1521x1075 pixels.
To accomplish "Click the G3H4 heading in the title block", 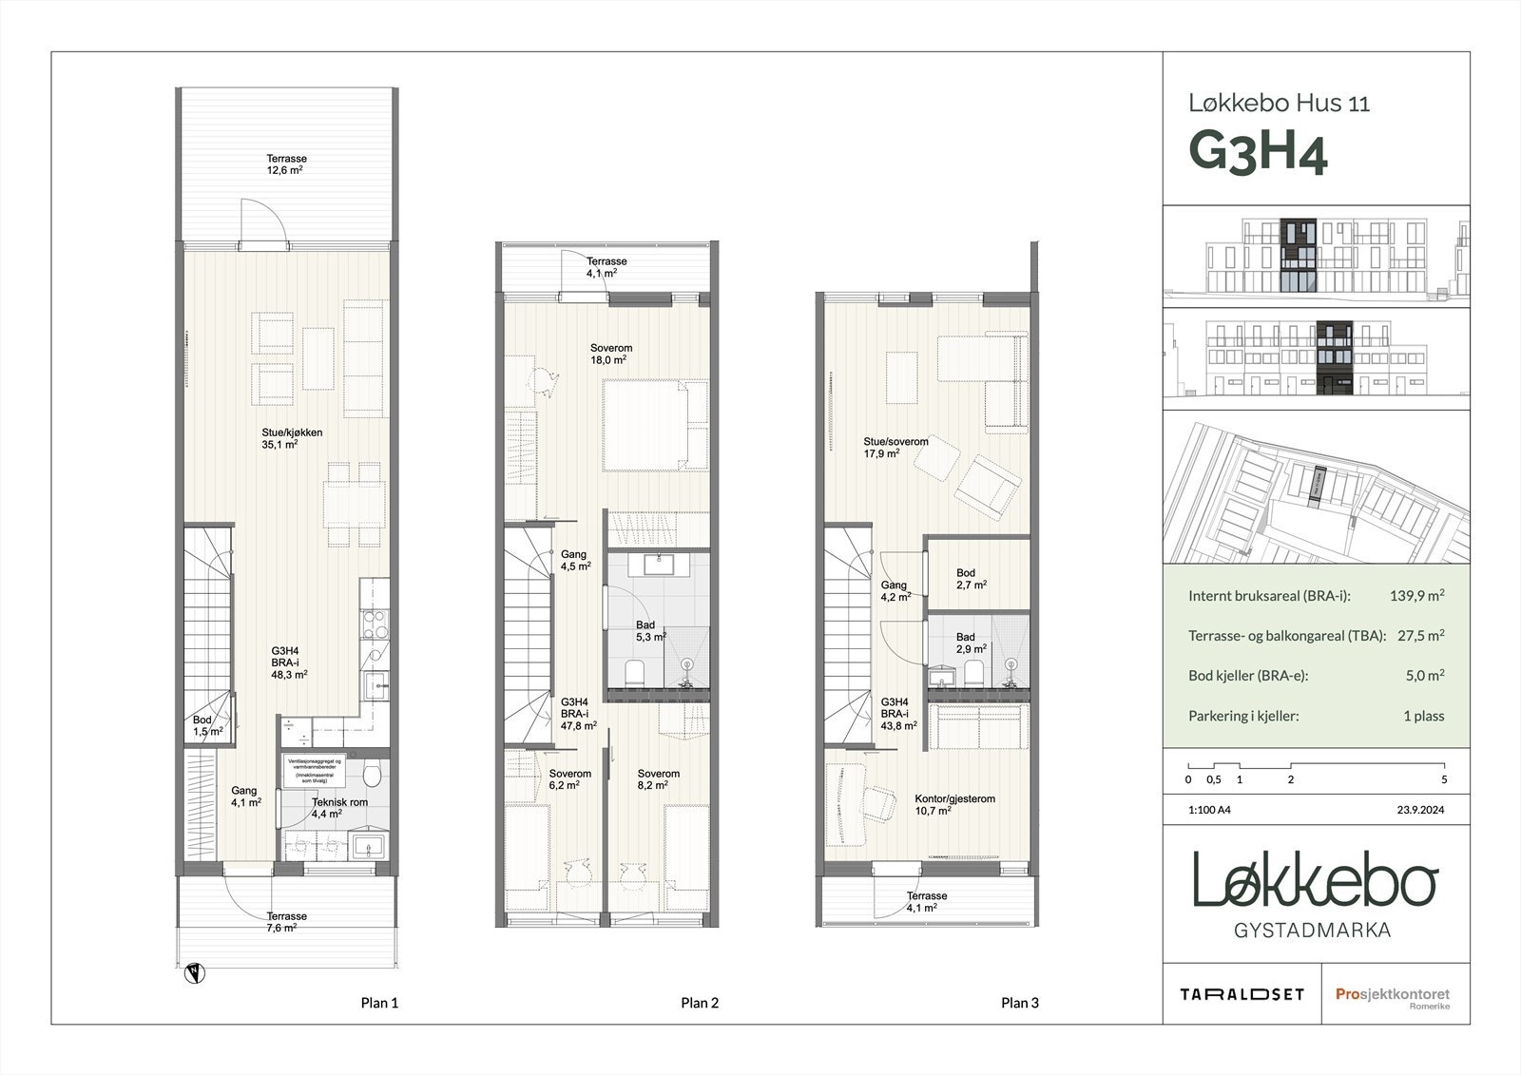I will tap(1258, 154).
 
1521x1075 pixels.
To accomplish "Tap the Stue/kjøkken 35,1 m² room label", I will tap(292, 438).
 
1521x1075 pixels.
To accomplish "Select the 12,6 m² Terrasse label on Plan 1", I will tap(286, 164).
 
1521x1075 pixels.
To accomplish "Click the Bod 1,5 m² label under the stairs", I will tap(207, 726).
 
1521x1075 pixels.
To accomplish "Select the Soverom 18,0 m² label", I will tap(610, 354).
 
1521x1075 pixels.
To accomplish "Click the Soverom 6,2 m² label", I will tap(570, 779).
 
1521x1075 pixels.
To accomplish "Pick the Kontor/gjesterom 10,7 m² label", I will tap(954, 805).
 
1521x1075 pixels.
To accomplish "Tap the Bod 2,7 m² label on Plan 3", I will tap(970, 579).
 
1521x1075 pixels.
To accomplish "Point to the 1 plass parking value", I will tap(1423, 716).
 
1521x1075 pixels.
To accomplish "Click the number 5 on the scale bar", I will tap(1444, 779).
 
